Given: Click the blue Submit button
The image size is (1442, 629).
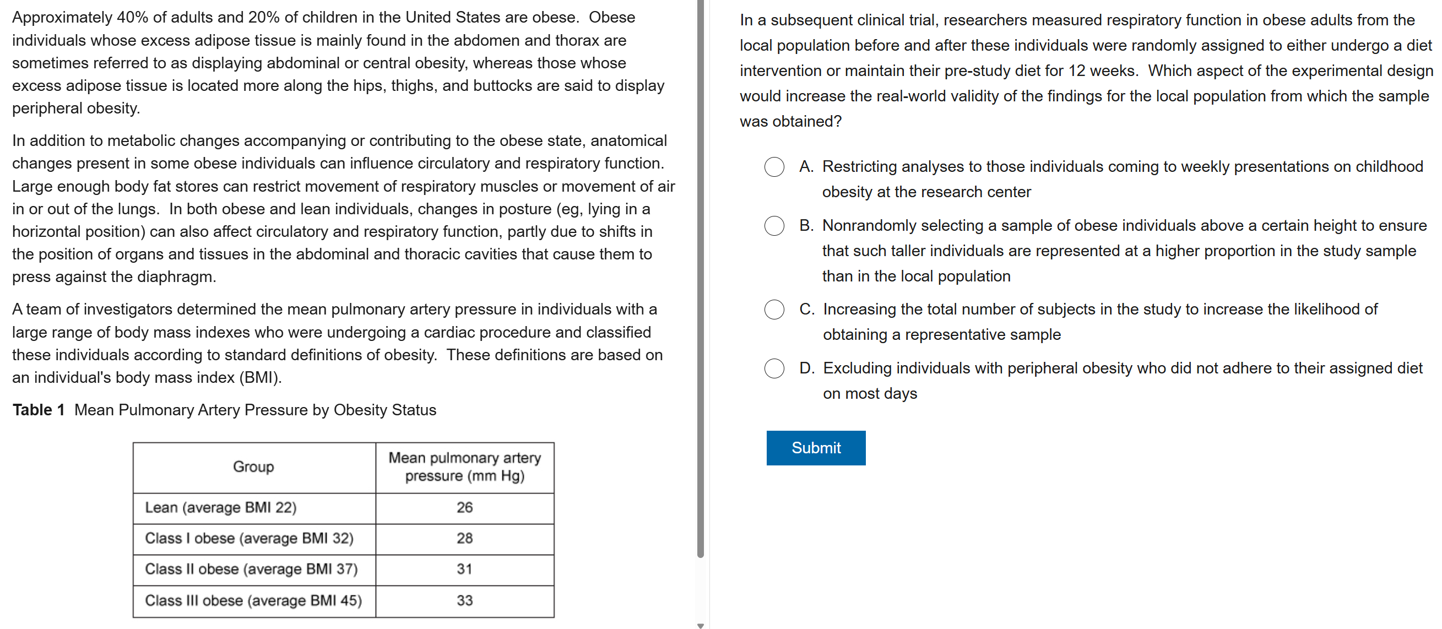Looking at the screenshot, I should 816,448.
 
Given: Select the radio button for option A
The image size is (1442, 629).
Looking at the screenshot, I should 774,167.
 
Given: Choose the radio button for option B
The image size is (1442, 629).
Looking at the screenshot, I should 774,225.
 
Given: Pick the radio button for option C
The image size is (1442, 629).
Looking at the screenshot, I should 774,310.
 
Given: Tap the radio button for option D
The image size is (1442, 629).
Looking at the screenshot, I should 774,368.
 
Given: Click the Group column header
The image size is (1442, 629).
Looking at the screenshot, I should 253,467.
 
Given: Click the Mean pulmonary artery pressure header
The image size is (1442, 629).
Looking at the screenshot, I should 465,467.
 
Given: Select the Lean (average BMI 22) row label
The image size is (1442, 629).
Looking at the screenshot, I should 220,508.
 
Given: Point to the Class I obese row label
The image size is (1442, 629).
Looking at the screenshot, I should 249,538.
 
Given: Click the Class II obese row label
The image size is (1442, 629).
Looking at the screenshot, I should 251,569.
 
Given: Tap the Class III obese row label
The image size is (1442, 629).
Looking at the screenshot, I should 253,600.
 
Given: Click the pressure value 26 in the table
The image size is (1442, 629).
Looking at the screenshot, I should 465,508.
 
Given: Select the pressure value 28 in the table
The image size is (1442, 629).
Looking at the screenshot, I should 465,538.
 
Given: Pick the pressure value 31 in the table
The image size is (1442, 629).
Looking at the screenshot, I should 465,569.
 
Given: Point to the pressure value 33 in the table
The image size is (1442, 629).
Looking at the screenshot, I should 465,600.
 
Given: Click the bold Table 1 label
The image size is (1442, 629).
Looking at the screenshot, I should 39,410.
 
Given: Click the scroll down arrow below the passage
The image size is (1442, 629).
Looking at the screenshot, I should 700,625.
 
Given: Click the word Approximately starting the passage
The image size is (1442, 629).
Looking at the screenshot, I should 62,17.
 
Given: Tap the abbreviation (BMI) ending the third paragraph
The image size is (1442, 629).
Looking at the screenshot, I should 260,378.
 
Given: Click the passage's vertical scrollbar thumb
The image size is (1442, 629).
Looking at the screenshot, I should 700,280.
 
